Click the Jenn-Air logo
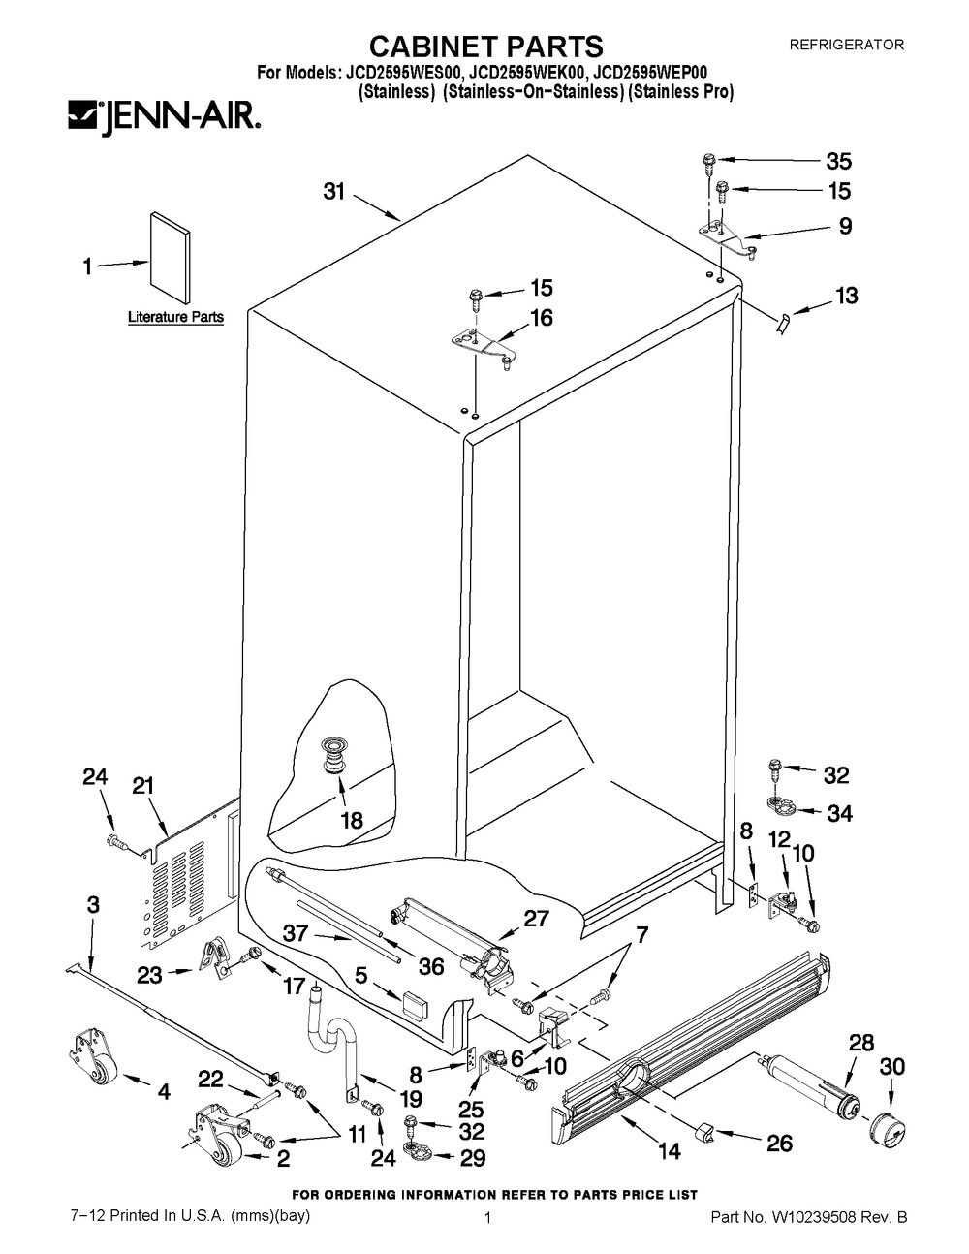coord(162,118)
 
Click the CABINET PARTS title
coord(488,46)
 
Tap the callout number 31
coord(334,192)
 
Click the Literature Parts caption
coord(175,317)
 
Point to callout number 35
coord(837,162)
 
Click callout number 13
coord(846,296)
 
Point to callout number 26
coord(779,1144)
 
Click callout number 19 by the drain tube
coord(410,1099)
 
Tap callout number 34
coord(839,814)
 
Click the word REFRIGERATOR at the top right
coord(847,45)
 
